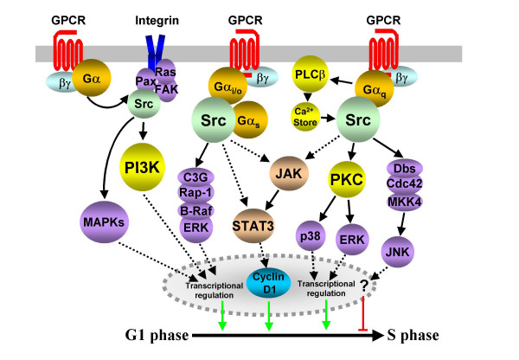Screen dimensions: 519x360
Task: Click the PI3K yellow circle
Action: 143,167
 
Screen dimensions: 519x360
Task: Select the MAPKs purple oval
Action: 104,222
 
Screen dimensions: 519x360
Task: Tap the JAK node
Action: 289,173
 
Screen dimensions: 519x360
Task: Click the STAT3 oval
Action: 253,226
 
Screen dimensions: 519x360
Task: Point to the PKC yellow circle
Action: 347,179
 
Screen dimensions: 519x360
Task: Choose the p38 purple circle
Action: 311,235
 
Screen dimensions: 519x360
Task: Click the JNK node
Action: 398,252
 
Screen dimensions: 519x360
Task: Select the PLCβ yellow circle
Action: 311,74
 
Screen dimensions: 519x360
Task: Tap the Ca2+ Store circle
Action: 305,117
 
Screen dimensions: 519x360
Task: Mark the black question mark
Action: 364,285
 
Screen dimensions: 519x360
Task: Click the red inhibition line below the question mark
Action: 363,313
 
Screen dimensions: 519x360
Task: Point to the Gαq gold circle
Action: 375,89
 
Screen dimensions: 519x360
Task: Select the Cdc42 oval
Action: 405,183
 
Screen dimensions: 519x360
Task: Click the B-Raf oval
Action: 196,210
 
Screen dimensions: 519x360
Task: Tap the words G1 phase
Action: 157,335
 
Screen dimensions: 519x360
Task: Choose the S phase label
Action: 413,335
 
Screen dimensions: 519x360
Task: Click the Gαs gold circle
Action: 249,120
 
